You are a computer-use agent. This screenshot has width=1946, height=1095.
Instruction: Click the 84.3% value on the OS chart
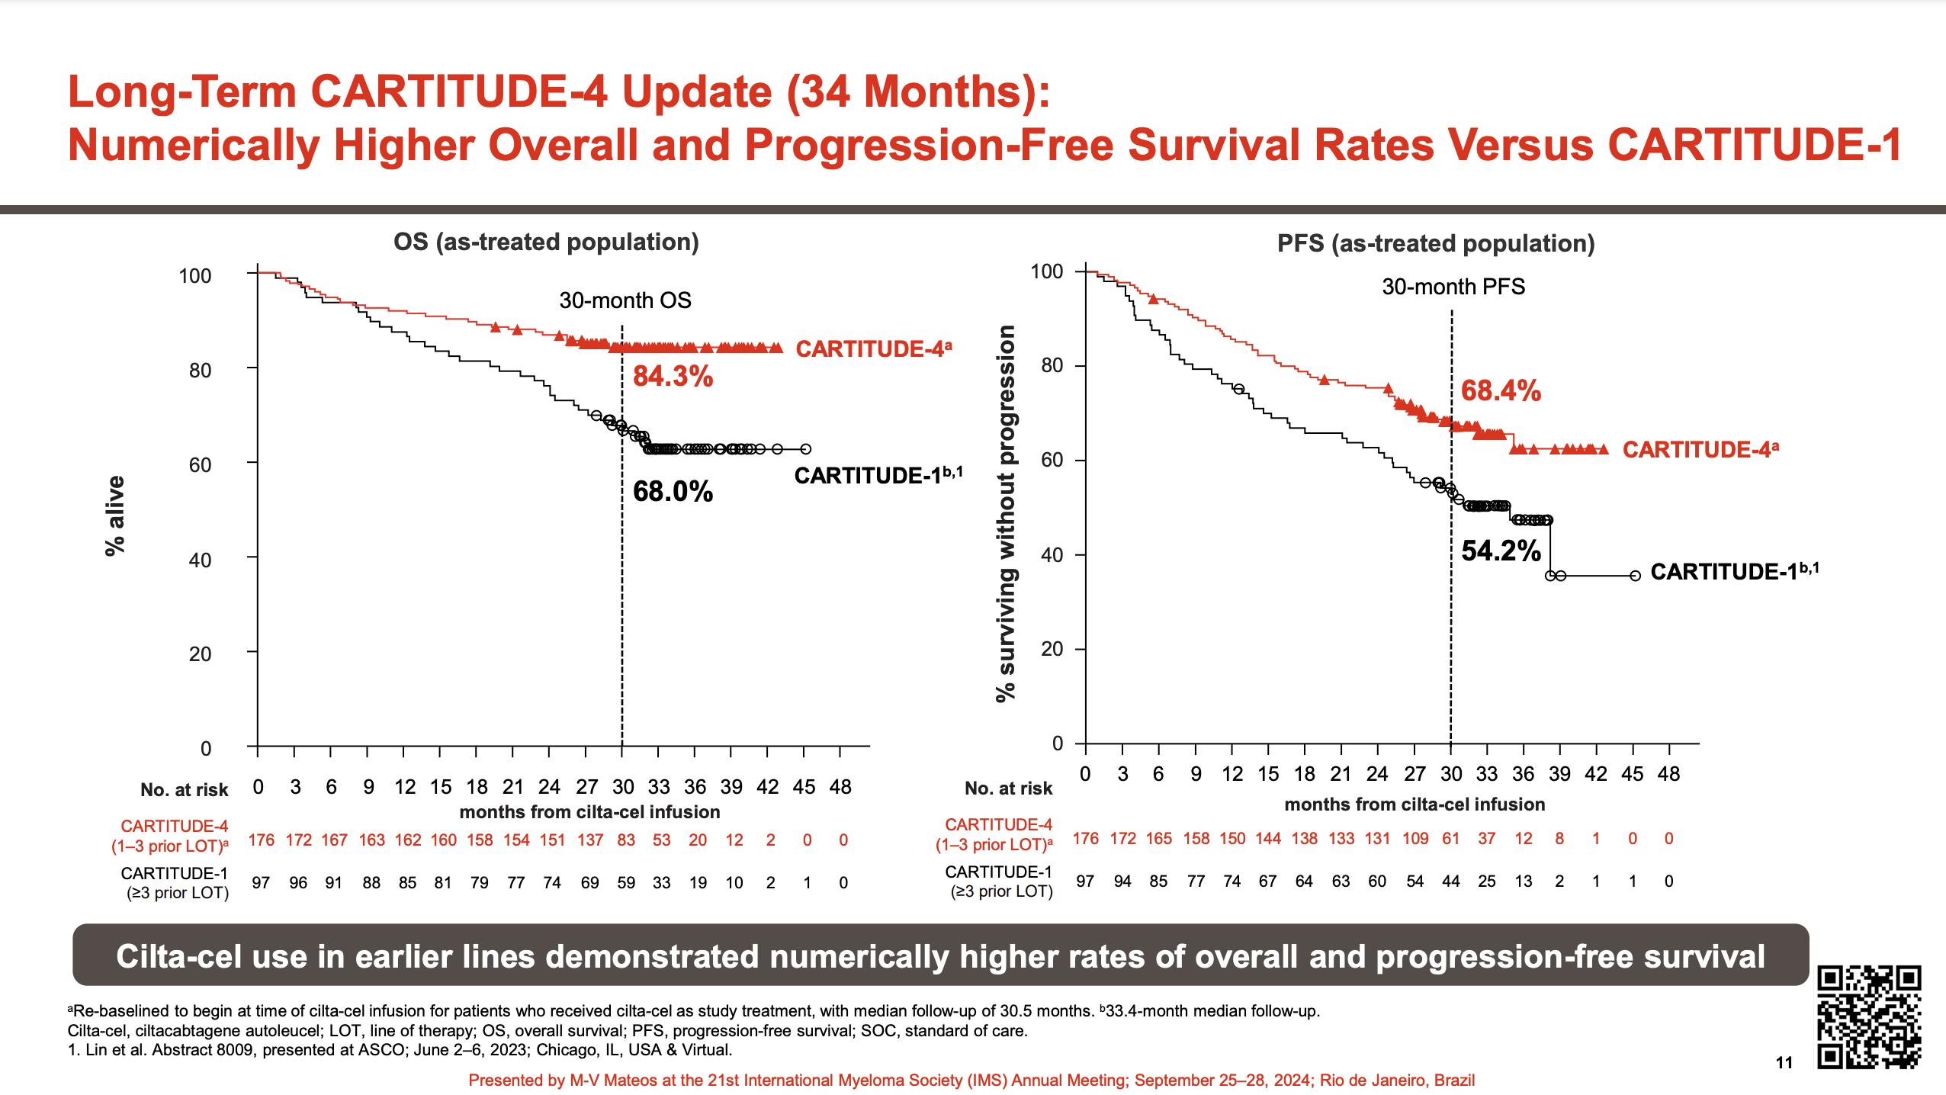[673, 377]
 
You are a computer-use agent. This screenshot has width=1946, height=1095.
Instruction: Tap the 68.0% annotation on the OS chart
[673, 492]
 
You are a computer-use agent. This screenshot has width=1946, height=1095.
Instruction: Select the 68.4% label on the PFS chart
[1501, 391]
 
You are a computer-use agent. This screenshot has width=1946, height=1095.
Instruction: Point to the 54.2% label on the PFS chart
[1501, 551]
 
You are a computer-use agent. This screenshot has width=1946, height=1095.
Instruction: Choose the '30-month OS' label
[625, 300]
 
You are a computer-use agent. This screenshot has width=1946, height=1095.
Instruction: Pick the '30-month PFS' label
[1453, 287]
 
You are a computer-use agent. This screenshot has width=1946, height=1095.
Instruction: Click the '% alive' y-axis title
[115, 515]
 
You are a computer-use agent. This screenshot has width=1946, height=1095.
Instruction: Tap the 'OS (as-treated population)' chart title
[546, 242]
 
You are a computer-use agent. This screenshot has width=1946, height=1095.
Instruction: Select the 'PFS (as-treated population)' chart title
[1436, 243]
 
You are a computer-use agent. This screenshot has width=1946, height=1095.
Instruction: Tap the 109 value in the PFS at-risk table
[1415, 839]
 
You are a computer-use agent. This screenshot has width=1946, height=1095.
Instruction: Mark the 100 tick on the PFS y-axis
[1046, 271]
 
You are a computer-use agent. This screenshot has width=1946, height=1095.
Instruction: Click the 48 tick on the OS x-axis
[840, 787]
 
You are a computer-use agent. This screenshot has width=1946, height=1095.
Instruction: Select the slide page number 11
[1784, 1084]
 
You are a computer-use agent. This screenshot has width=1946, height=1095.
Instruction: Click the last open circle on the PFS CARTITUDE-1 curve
[1635, 576]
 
